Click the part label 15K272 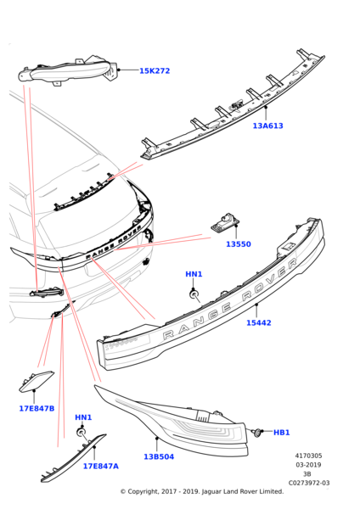tap(155, 70)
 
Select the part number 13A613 tap(268, 126)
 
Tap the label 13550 tap(239, 244)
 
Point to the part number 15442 tap(259, 322)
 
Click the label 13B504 tap(159, 456)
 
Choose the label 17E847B tap(37, 408)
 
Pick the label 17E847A tap(101, 466)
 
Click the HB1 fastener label tap(281, 433)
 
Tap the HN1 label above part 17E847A tap(83, 417)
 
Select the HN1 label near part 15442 tap(194, 274)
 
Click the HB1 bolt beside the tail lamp tap(257, 433)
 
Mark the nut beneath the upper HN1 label tap(194, 294)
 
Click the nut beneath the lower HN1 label tap(81, 433)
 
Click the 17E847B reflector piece tap(36, 382)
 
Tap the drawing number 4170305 tap(308, 456)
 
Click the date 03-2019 tap(308, 465)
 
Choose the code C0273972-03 tap(309, 483)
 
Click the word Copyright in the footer tap(142, 492)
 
